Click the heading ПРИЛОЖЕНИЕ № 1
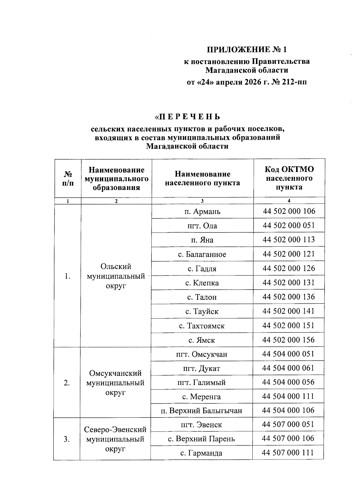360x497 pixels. tap(247, 49)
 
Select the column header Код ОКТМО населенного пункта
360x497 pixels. tap(289, 178)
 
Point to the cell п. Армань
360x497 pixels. tap(202, 212)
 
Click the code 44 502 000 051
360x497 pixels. tap(289, 225)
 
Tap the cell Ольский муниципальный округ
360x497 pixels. tap(116, 276)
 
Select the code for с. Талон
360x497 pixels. tap(289, 297)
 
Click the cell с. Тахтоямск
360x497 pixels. tap(202, 326)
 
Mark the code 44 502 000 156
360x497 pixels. tap(289, 340)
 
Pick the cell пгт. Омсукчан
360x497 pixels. tap(202, 354)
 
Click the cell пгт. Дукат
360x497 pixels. tap(202, 369)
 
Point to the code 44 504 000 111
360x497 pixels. tap(288, 396)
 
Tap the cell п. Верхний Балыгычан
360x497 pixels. tap(201, 411)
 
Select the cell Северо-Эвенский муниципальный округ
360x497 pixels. tap(115, 439)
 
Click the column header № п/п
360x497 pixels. tap(68, 179)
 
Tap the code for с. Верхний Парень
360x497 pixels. tap(288, 438)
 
